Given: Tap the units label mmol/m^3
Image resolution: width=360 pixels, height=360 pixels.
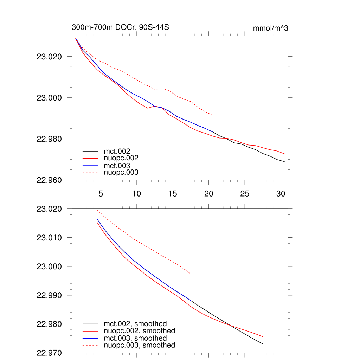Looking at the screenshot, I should pos(270,28).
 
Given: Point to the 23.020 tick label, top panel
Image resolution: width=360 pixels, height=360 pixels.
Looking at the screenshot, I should pos(49,57).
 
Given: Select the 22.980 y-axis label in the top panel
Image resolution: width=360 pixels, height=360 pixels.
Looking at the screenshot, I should pos(49,139).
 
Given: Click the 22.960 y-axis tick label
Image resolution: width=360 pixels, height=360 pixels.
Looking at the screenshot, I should pos(49,180).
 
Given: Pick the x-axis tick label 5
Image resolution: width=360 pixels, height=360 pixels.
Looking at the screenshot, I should pos(101,194).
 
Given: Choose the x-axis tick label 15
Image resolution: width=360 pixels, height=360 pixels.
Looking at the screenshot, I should pos(173,194).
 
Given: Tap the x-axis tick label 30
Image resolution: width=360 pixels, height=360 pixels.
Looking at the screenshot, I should pos(281,194).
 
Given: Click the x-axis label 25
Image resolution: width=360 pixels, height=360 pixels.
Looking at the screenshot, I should pos(245,194).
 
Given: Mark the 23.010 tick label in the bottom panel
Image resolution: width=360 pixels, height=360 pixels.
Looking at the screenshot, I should pos(49,238).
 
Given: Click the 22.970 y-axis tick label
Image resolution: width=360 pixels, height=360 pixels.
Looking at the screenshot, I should pos(49,353).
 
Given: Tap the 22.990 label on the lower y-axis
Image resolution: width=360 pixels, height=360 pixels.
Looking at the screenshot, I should pos(49,295).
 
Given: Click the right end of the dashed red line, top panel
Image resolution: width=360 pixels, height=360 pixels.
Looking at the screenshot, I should pos(212,115).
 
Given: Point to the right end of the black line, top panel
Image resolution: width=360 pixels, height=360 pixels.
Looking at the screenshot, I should pos(284,162).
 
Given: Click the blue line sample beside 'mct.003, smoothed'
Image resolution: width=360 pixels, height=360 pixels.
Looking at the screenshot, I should pos(90,338).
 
